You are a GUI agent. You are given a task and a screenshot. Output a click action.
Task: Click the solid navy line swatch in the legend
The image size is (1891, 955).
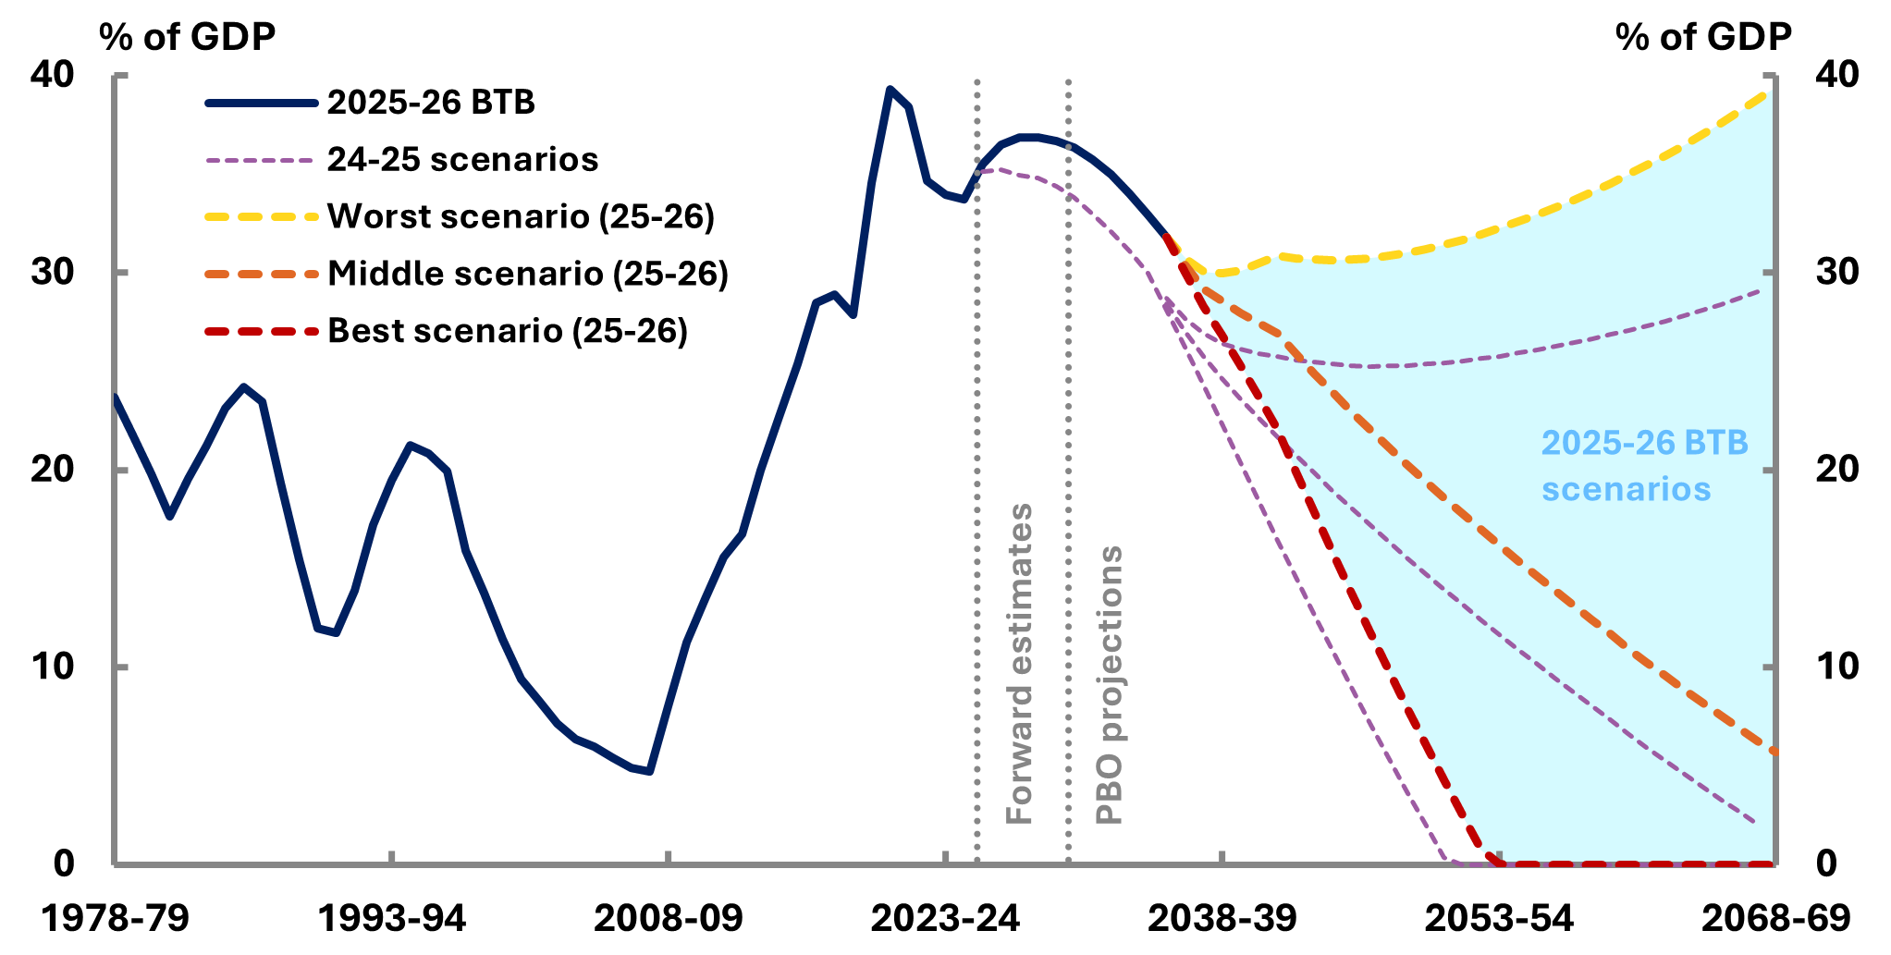click(262, 104)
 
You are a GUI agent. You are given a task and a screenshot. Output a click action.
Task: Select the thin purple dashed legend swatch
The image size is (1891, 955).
click(260, 161)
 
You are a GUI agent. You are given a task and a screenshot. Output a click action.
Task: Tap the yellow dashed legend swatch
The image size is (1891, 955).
click(262, 217)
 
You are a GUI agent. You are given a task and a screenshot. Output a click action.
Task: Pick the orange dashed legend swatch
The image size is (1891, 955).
click(262, 275)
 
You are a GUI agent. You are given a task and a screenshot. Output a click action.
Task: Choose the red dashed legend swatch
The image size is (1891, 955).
click(262, 331)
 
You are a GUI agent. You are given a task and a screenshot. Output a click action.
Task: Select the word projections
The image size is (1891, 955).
click(1109, 643)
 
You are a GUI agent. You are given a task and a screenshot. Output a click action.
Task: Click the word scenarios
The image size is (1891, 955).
click(1626, 489)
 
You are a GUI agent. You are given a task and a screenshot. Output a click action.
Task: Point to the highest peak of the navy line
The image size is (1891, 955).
click(890, 89)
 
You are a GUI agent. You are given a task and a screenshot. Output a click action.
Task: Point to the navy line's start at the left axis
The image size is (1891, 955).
click(116, 397)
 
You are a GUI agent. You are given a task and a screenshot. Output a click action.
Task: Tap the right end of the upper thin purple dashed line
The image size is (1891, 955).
click(1760, 290)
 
